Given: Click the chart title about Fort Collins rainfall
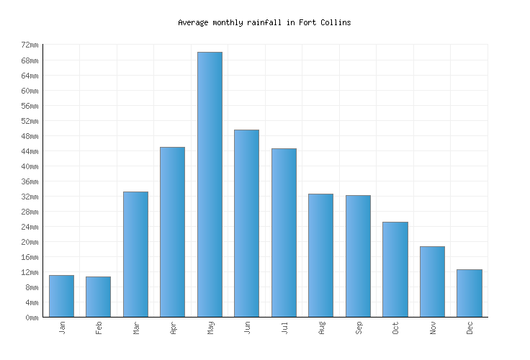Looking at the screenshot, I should click(264, 22).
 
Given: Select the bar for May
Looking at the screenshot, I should click(210, 184).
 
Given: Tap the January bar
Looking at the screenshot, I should click(61, 296).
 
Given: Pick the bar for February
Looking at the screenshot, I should click(99, 297).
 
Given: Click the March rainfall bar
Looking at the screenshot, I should click(135, 254).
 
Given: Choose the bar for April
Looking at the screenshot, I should click(172, 232).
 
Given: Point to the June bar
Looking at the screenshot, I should click(246, 223).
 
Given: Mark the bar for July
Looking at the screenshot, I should click(284, 233).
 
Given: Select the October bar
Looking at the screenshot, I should click(395, 269).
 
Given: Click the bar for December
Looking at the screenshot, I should click(469, 293).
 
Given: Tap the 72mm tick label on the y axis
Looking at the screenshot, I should click(30, 45).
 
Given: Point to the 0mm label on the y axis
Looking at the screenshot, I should click(32, 318).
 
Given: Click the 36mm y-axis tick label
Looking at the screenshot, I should click(30, 181).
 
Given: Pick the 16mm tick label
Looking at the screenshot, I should click(30, 257).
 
